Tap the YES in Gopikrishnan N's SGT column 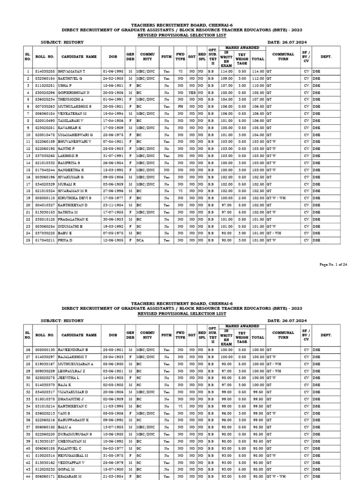pos(192,93)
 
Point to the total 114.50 pos(258,71)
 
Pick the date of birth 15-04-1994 pos(113,113)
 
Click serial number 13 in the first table pos(28,156)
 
